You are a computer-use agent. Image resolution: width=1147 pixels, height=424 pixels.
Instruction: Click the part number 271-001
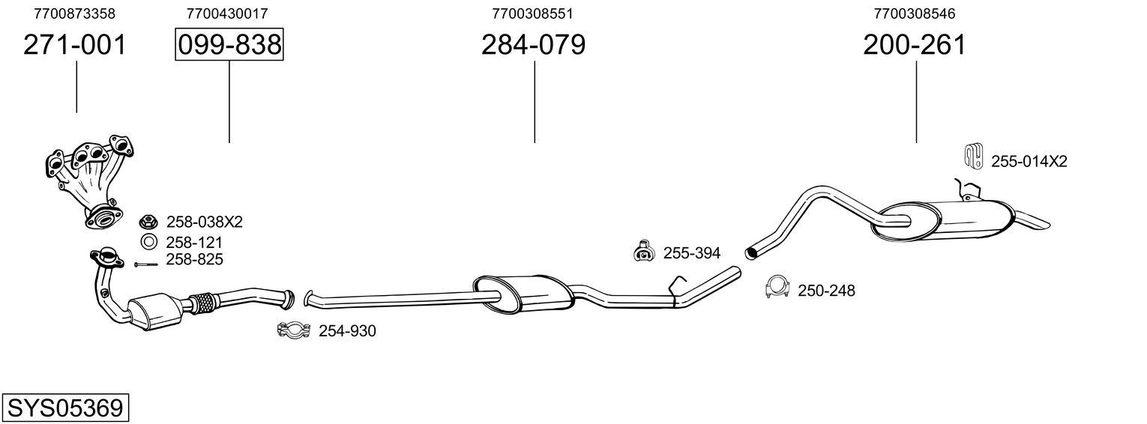pos(75,46)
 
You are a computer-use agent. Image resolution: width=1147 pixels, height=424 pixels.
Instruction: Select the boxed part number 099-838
pos(229,46)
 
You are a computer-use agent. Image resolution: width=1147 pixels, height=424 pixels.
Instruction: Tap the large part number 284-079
pos(533,46)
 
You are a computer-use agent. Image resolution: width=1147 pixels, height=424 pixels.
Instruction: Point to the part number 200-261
pos(915,46)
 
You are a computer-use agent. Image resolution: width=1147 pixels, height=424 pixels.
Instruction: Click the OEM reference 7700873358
pos(75,13)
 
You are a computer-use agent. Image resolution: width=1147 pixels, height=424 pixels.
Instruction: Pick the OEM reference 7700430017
pos(227,13)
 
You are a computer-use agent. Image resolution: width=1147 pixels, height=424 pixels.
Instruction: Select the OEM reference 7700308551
pos(533,13)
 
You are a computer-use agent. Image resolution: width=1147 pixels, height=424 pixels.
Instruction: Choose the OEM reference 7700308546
pos(915,13)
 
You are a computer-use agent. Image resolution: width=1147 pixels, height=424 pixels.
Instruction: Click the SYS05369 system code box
pos(64,408)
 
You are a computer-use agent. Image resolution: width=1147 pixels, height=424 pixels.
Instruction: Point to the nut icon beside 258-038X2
pos(148,222)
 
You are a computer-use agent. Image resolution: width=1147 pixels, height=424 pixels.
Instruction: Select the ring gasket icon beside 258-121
pos(148,242)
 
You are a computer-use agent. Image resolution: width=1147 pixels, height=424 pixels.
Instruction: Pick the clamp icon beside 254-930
pos(295,330)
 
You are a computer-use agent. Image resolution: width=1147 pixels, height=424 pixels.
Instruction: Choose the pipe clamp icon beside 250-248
pos(778,288)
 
